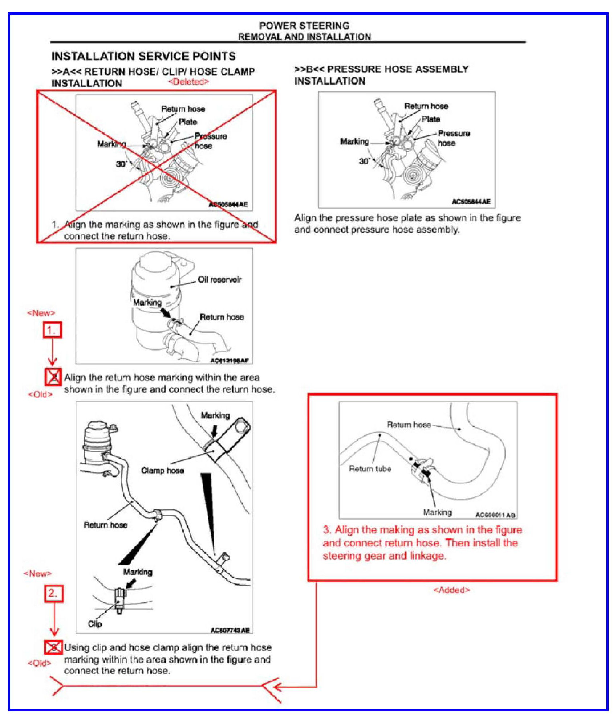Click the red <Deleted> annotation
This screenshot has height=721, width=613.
[x=188, y=82]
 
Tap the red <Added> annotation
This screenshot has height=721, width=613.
[x=451, y=590]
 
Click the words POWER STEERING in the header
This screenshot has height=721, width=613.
[x=304, y=26]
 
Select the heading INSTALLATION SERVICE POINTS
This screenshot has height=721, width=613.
[x=143, y=56]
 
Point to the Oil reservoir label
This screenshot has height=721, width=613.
[x=219, y=280]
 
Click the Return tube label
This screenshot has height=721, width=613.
[x=370, y=469]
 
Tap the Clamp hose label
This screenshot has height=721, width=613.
[x=162, y=471]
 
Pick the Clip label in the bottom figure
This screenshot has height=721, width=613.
[x=95, y=624]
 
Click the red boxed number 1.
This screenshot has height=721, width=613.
[x=52, y=330]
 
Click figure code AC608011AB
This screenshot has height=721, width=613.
[x=495, y=515]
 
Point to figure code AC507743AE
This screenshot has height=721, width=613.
[x=230, y=630]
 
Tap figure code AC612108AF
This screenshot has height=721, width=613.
[x=230, y=361]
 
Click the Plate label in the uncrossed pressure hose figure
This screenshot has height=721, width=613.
[x=431, y=119]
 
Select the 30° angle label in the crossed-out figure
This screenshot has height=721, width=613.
[x=121, y=164]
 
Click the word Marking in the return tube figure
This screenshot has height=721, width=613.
[x=437, y=512]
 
